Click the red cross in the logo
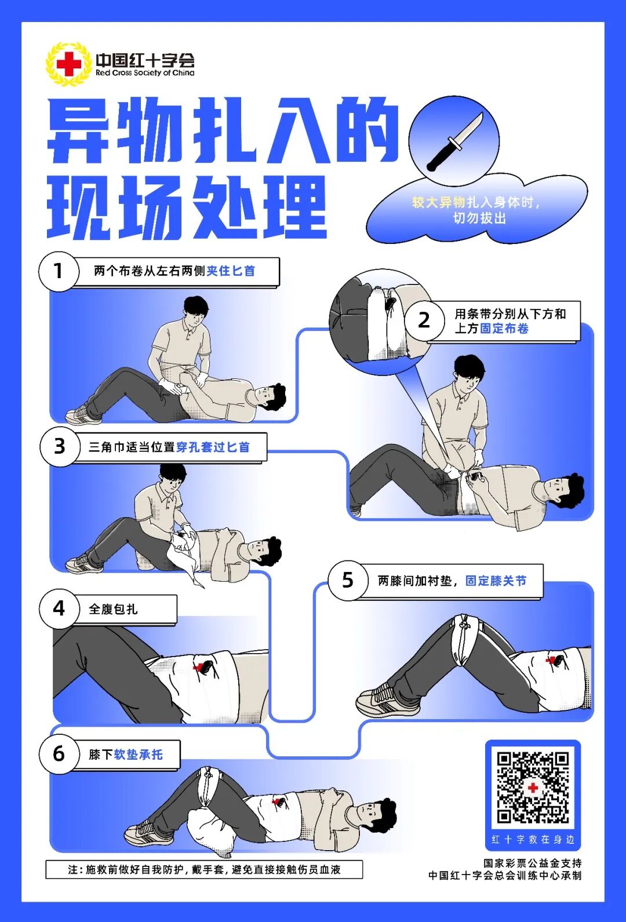point(68,64)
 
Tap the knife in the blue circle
point(454,142)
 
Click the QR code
point(533,786)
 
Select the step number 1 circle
point(58,271)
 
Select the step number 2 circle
point(424,320)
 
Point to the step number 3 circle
point(59,446)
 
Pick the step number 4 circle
point(59,608)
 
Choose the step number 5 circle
point(347,580)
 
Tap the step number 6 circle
point(59,753)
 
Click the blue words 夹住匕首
point(231,271)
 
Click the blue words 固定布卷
point(504,329)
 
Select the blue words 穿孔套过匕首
point(213,447)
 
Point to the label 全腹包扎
point(113,609)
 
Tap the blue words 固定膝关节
point(496,581)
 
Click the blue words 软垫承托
point(138,755)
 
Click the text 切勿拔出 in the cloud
point(479,218)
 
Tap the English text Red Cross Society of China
point(145,73)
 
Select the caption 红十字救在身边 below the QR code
point(533,839)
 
